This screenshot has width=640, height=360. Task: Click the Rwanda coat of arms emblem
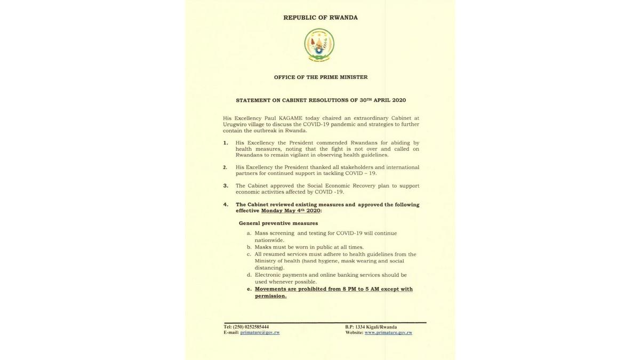319,45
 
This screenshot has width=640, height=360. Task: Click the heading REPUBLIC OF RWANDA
321,18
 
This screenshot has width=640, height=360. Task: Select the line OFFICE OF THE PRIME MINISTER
321,77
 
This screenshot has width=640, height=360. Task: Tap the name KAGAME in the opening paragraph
290,118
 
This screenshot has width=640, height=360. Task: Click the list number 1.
226,143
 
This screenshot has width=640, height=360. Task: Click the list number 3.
226,186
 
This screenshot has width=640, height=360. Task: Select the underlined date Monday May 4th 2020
291,211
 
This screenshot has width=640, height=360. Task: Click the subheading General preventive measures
278,223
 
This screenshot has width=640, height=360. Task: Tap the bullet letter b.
249,247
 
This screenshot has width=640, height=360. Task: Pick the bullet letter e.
249,289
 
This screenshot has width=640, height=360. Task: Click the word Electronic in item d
267,275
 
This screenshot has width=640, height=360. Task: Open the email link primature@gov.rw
260,333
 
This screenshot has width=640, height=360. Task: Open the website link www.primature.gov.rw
388,333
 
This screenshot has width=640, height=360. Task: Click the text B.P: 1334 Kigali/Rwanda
371,327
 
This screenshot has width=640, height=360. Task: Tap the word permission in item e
270,296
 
